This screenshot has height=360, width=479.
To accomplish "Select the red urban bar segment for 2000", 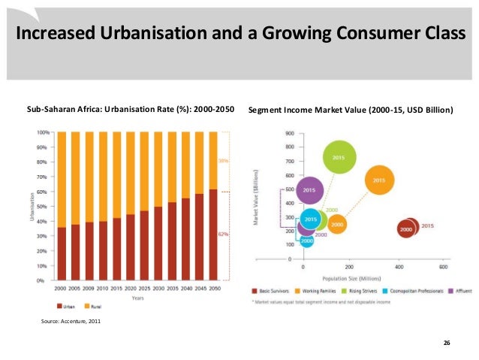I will pyautogui.click(x=62, y=253).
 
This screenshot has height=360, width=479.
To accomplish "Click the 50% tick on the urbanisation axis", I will pyautogui.click(x=43, y=207).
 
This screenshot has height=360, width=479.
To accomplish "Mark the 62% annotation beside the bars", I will pyautogui.click(x=223, y=234).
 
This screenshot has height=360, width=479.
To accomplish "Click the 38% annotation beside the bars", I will pyautogui.click(x=223, y=161).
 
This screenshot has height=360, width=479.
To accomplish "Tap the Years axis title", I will pyautogui.click(x=138, y=297).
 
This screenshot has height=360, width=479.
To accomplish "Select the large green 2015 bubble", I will pyautogui.click(x=339, y=157).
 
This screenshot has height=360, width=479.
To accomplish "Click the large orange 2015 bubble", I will pyautogui.click(x=379, y=180).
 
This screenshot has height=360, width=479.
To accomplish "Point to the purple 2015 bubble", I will pyautogui.click(x=309, y=191).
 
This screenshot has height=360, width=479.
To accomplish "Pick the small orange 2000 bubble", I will pyautogui.click(x=337, y=224).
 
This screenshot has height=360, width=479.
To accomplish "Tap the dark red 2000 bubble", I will pyautogui.click(x=406, y=228).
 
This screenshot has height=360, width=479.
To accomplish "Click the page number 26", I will pyautogui.click(x=447, y=343).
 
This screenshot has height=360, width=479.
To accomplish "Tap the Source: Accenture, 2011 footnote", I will pyautogui.click(x=69, y=322).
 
